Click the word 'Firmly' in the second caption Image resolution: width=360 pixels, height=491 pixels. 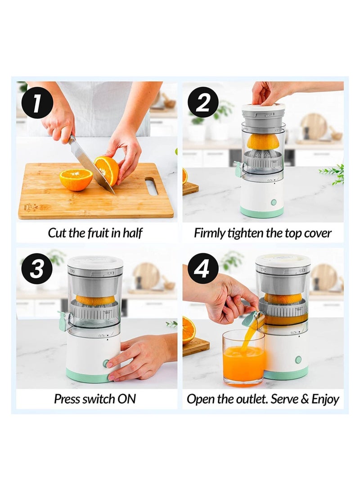(x=209, y=233)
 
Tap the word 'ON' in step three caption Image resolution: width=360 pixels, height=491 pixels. (x=127, y=399)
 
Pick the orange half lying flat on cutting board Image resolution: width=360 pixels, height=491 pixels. (x=76, y=179)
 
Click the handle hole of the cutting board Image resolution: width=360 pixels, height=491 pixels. (x=151, y=186)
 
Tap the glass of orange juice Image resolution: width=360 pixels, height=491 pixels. (x=243, y=358)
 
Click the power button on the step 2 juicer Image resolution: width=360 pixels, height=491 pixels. (x=274, y=202)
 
